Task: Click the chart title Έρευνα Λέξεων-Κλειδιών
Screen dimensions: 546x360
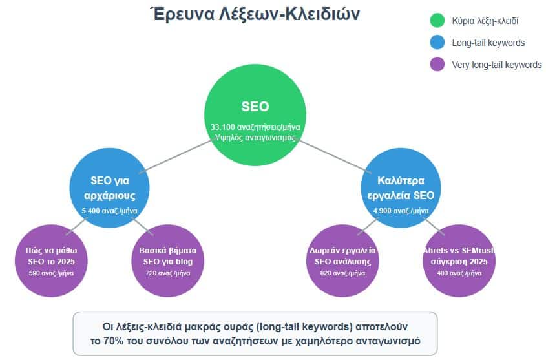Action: pyautogui.click(x=255, y=14)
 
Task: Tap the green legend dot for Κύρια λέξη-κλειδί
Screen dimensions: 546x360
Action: pyautogui.click(x=437, y=20)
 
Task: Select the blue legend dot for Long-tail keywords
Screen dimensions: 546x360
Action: pyautogui.click(x=437, y=42)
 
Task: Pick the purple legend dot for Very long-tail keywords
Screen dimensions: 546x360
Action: pyautogui.click(x=437, y=64)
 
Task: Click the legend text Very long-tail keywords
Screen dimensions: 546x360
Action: pyautogui.click(x=496, y=65)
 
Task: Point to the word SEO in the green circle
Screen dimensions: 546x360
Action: pyautogui.click(x=255, y=106)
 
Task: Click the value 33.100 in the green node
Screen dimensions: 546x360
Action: pyautogui.click(x=222, y=127)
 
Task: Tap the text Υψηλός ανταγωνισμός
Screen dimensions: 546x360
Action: pyautogui.click(x=255, y=138)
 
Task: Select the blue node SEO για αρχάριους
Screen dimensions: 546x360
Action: pyautogui.click(x=109, y=187)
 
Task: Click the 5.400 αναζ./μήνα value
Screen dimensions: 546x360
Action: pyautogui.click(x=109, y=211)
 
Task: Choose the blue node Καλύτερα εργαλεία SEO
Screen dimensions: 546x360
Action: pyautogui.click(x=401, y=187)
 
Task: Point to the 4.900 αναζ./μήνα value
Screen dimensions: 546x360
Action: pyautogui.click(x=401, y=211)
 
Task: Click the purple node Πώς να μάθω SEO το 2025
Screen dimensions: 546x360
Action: pyautogui.click(x=51, y=260)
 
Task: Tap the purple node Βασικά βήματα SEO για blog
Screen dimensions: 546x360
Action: pyautogui.click(x=167, y=260)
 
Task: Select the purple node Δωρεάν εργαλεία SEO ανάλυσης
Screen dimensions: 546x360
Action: pyautogui.click(x=342, y=260)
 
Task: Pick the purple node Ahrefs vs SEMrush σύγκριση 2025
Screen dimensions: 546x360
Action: pyautogui.click(x=459, y=260)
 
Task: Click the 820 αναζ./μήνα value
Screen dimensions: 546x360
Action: pyautogui.click(x=342, y=273)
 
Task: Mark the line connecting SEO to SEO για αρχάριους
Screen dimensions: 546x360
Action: pyautogui.click(x=176, y=156)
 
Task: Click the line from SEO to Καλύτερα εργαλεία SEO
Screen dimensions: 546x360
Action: pyautogui.click(x=333, y=156)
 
